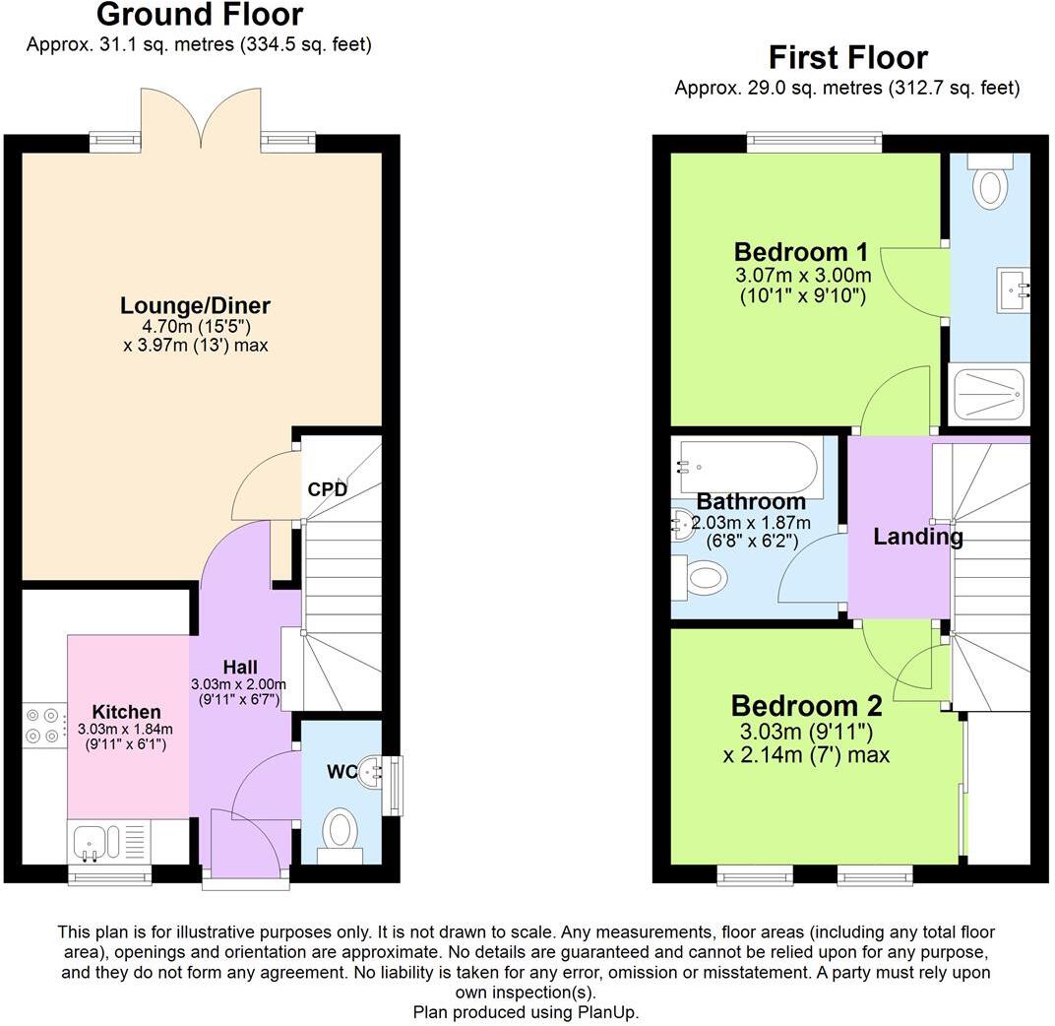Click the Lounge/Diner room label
pos(195,305)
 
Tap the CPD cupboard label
pos(327,489)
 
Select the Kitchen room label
pos(126,712)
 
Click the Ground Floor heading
pos(200,16)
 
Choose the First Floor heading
pos(847,57)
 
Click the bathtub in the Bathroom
pos(749,469)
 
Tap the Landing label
pos(917,538)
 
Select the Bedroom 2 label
pos(806,706)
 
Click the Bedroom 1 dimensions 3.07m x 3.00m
pos(803,275)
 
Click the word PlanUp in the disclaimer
pos(612,1011)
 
